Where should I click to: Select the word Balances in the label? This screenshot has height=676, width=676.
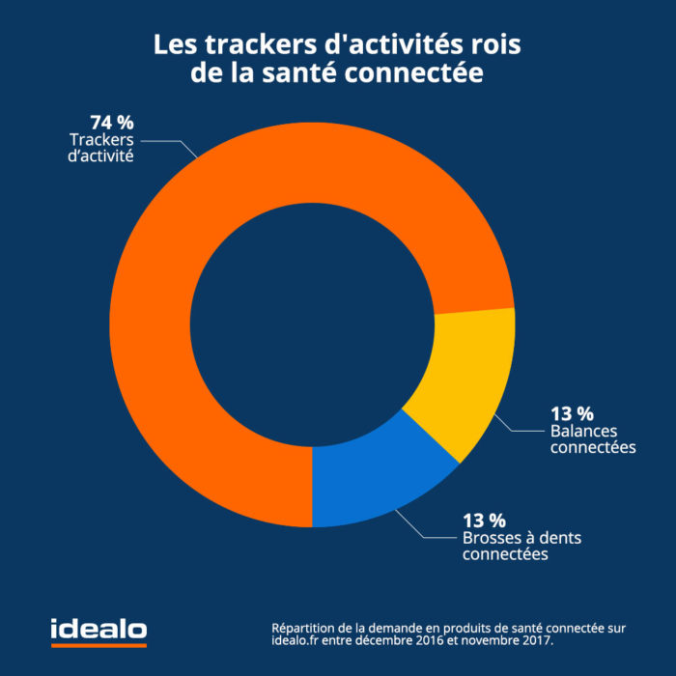[583, 431]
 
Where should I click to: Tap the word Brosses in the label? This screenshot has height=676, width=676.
[491, 538]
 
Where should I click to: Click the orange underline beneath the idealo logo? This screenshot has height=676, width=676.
[99, 644]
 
